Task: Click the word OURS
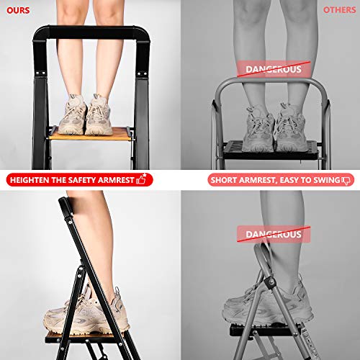[18, 9]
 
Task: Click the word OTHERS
[339, 10]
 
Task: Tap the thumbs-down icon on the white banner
[346, 180]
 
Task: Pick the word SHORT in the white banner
[225, 180]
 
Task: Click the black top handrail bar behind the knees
[90, 34]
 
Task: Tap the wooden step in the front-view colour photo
[90, 132]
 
